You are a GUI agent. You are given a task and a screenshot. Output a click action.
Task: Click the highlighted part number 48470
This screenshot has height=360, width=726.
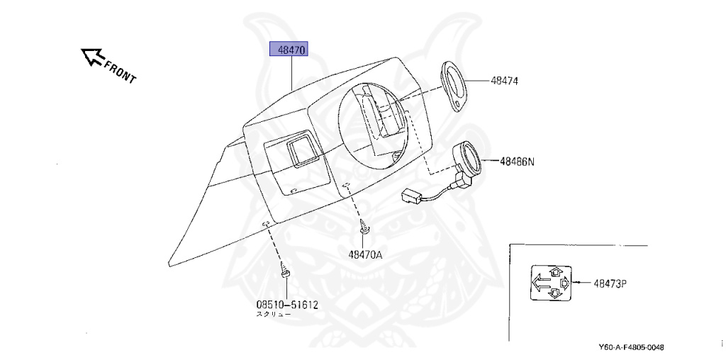point(292,50)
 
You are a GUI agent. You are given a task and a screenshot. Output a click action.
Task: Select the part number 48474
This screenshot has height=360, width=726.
point(504,81)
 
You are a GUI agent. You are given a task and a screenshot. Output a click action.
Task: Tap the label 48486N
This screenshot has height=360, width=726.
point(517,161)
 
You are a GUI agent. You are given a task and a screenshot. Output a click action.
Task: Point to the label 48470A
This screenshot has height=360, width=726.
point(365,254)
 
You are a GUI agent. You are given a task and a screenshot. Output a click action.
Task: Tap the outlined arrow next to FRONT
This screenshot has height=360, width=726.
point(91,56)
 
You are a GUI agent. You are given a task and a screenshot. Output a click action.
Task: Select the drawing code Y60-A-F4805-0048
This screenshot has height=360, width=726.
point(632,347)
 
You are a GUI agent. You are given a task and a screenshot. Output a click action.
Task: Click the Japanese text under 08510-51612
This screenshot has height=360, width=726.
point(273,314)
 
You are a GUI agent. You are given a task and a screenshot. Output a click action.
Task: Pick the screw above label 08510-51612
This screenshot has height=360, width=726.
point(285,271)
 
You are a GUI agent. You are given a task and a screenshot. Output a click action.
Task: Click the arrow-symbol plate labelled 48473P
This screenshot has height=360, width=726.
point(550,283)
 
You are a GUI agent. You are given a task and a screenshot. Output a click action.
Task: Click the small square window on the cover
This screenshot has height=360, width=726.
point(298,150)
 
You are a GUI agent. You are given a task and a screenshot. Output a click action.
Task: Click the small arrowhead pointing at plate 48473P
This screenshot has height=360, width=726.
point(576,283)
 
